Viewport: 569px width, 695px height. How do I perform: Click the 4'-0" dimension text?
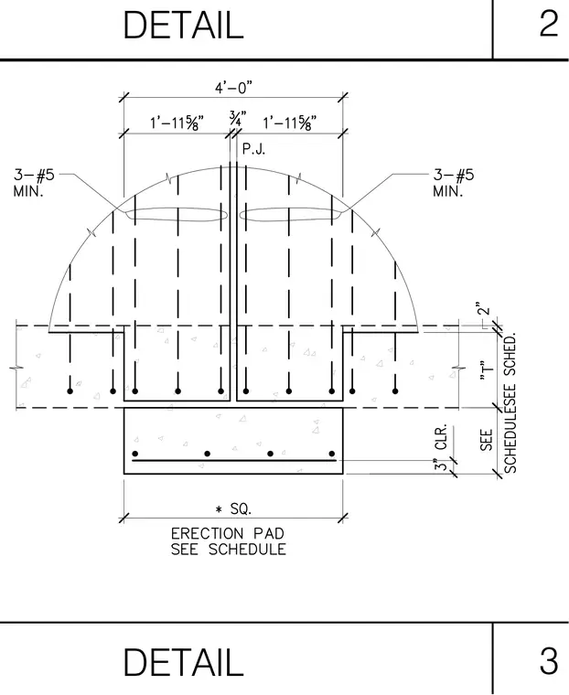point(233,88)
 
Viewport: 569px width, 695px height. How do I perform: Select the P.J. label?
point(253,149)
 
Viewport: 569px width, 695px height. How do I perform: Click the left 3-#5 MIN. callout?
point(34,183)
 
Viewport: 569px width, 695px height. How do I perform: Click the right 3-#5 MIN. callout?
point(453,183)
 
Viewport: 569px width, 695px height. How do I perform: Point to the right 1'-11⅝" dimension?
point(290,123)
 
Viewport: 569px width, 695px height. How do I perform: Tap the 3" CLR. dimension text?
point(441,448)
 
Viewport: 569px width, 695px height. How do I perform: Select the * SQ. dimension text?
point(233,509)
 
